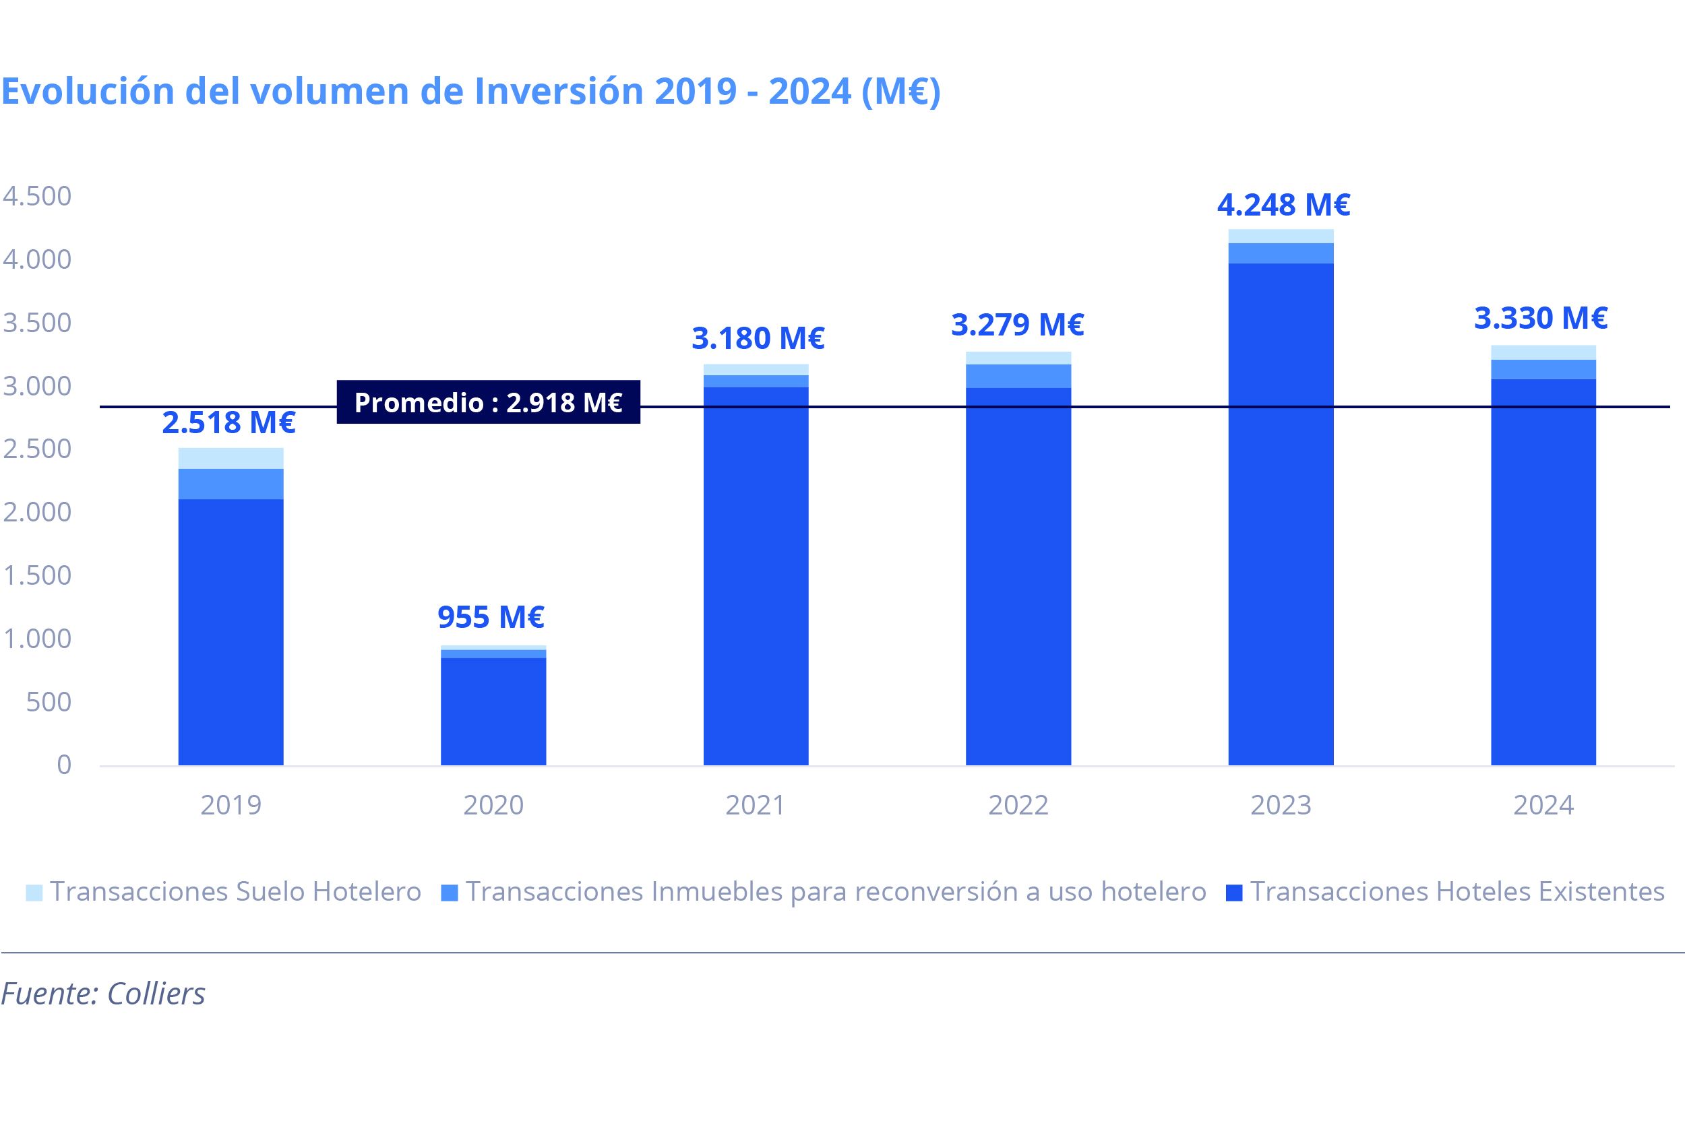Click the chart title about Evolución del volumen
pyautogui.click(x=470, y=92)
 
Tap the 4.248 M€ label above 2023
pyautogui.click(x=1283, y=205)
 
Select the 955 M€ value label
pyautogui.click(x=491, y=617)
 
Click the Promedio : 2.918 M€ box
pyautogui.click(x=488, y=402)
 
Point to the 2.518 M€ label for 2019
pyautogui.click(x=228, y=422)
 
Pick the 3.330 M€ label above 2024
pyautogui.click(x=1540, y=318)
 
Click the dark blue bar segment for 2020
pyautogui.click(x=493, y=712)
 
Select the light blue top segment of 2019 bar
pyautogui.click(x=231, y=458)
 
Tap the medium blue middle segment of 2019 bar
pyautogui.click(x=231, y=484)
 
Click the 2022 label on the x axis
pyautogui.click(x=1018, y=806)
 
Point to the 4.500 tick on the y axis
pyautogui.click(x=37, y=196)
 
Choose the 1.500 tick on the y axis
pyautogui.click(x=37, y=576)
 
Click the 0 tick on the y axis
pyautogui.click(x=65, y=765)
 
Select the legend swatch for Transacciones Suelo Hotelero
pyautogui.click(x=34, y=893)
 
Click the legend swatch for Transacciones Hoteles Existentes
pyautogui.click(x=1233, y=893)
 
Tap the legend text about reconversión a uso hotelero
pyautogui.click(x=836, y=893)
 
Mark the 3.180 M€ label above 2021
pyautogui.click(x=758, y=339)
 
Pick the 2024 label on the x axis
pyautogui.click(x=1543, y=806)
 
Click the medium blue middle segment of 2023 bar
pyautogui.click(x=1281, y=253)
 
